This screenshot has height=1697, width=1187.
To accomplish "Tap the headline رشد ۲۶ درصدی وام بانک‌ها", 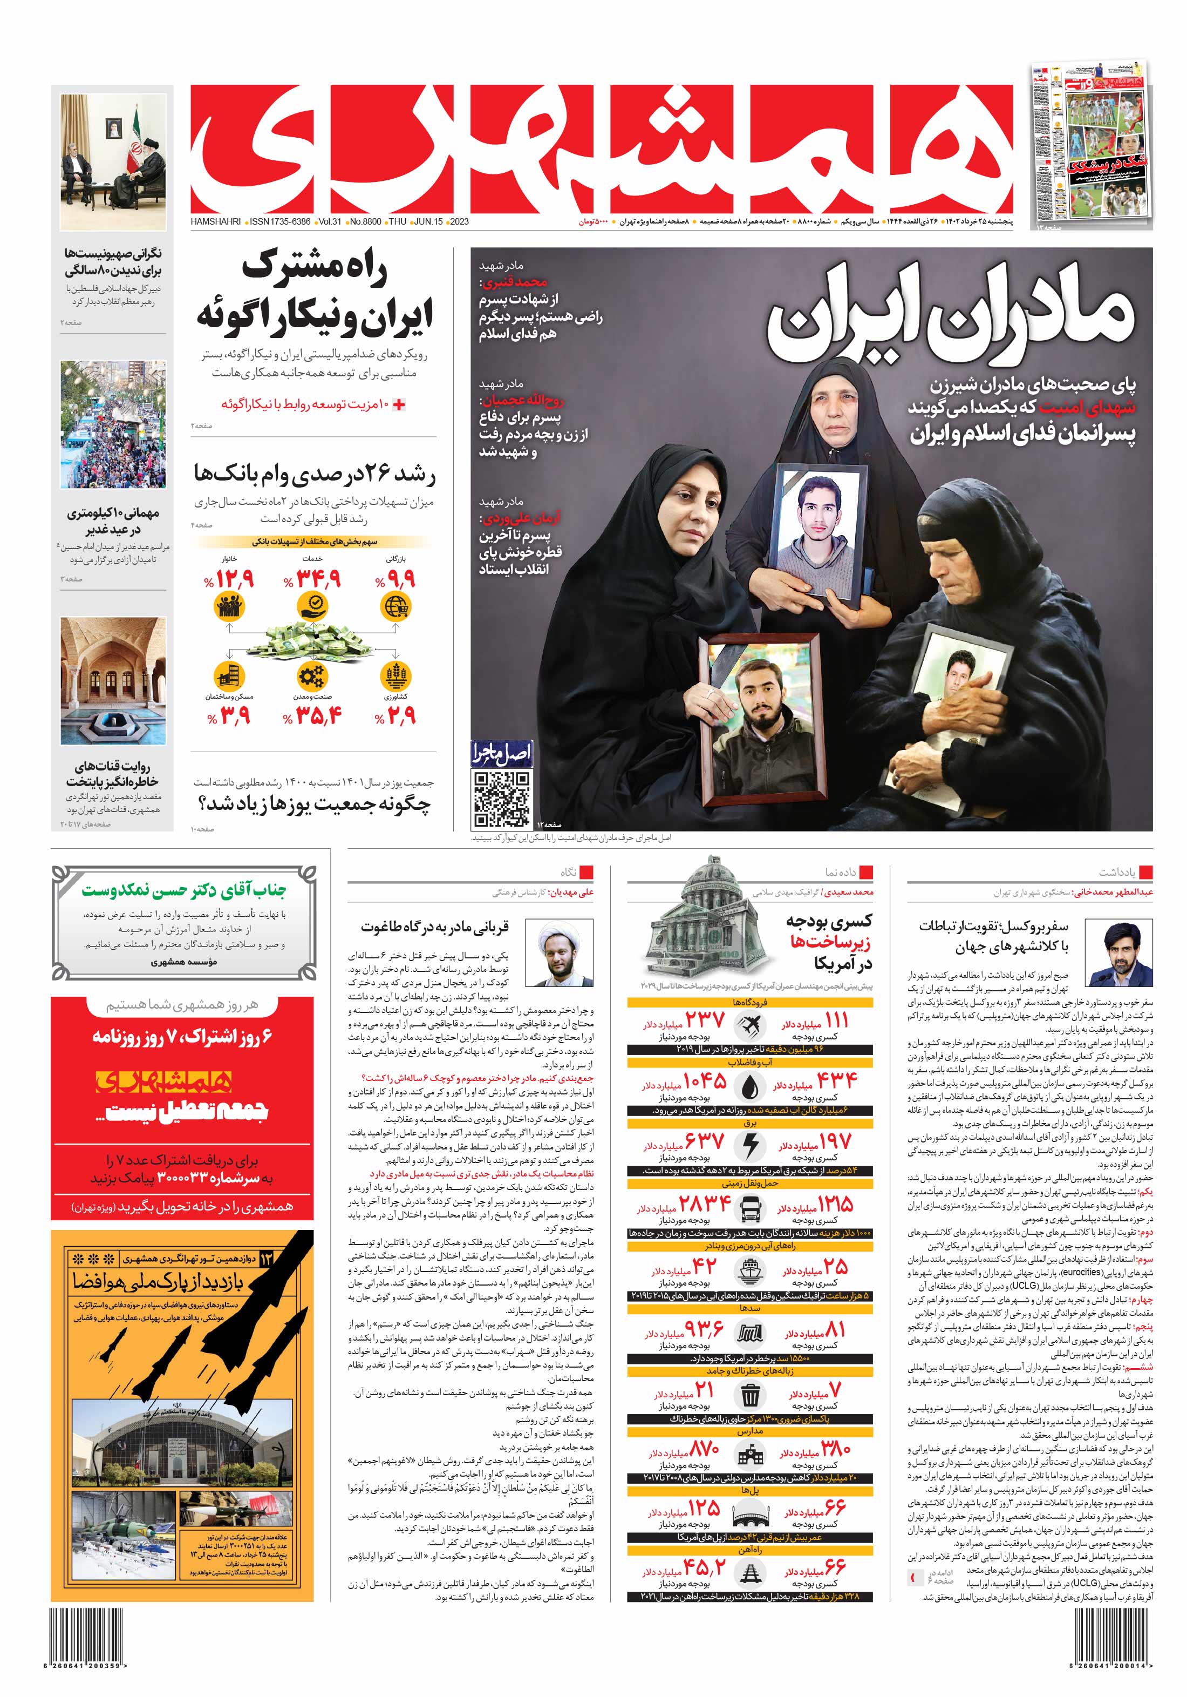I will click(x=314, y=473).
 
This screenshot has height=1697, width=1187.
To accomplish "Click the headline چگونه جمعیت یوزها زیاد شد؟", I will click(x=314, y=804).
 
